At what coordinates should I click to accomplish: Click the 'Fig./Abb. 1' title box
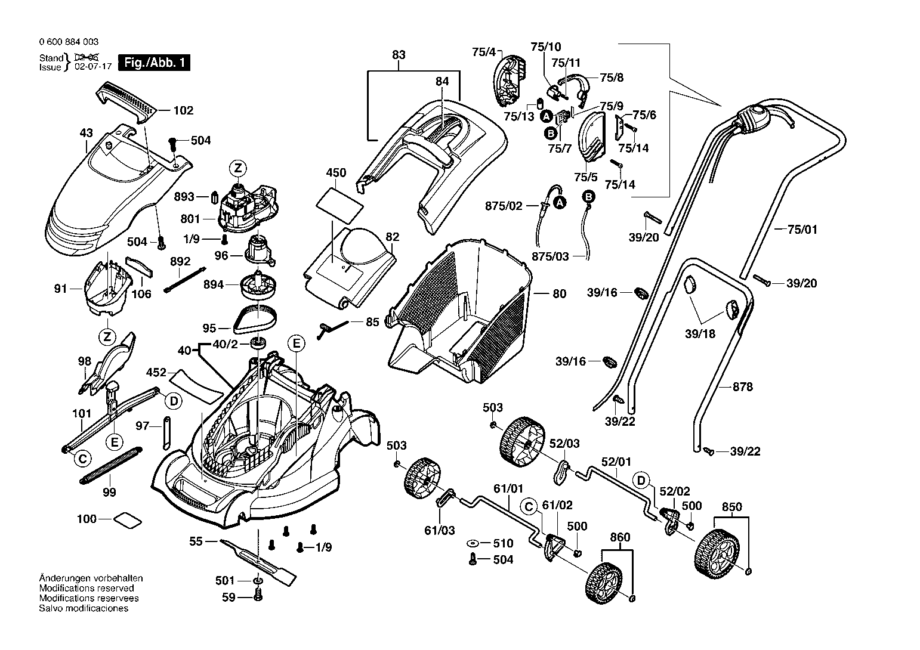pyautogui.click(x=154, y=63)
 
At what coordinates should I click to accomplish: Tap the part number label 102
pyautogui.click(x=183, y=110)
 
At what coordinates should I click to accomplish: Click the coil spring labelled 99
pyautogui.click(x=111, y=466)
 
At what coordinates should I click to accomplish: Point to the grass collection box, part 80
pyautogui.click(x=458, y=311)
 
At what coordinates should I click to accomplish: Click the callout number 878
pyautogui.click(x=743, y=386)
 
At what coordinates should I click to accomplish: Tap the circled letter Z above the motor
pyautogui.click(x=238, y=168)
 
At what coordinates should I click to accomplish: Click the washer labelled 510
pyautogui.click(x=473, y=543)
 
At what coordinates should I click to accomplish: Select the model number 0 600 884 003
pyautogui.click(x=69, y=42)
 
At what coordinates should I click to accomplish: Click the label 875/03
pyautogui.click(x=550, y=256)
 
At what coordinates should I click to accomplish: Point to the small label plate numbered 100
pyautogui.click(x=128, y=519)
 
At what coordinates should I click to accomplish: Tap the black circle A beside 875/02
pyautogui.click(x=560, y=202)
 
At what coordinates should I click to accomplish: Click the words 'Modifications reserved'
pyautogui.click(x=87, y=588)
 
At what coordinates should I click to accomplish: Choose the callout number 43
pyautogui.click(x=87, y=132)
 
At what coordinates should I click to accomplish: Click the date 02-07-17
pyautogui.click(x=93, y=67)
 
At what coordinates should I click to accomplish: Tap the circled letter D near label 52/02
pyautogui.click(x=641, y=481)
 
